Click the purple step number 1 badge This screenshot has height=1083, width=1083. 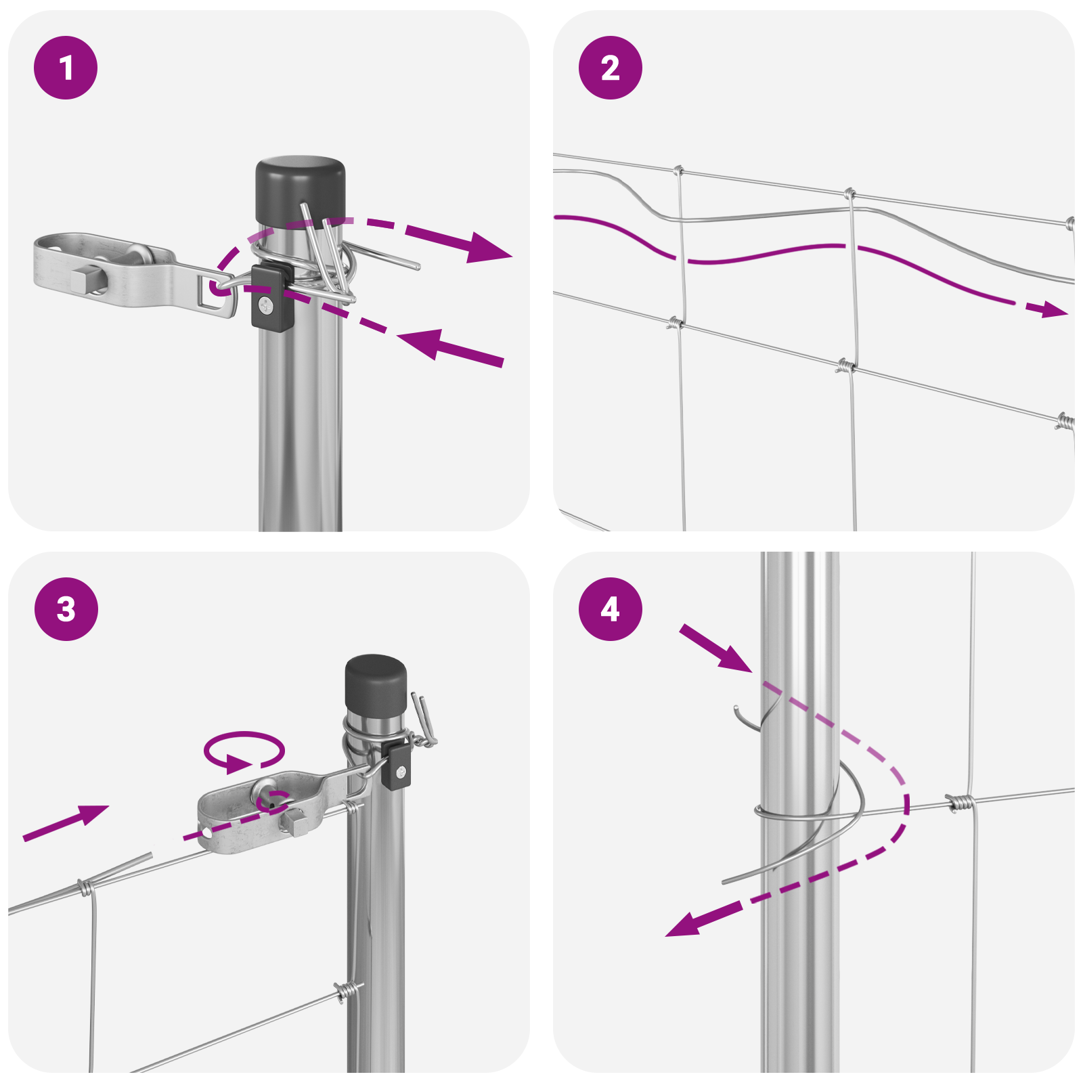[x=66, y=68]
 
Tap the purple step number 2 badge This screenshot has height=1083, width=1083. [x=611, y=68]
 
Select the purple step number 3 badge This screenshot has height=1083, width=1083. [x=66, y=609]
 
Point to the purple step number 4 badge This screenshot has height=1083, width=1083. [x=611, y=609]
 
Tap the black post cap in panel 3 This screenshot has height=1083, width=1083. [x=376, y=681]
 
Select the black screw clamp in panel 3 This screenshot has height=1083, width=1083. [x=396, y=766]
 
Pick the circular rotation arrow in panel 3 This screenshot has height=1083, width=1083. [x=244, y=750]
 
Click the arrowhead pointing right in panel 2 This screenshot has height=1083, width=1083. [x=1047, y=309]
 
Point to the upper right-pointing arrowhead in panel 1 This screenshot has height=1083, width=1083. [x=489, y=248]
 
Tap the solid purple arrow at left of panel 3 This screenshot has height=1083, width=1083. [x=66, y=822]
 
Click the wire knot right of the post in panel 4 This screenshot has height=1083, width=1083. [x=960, y=803]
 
